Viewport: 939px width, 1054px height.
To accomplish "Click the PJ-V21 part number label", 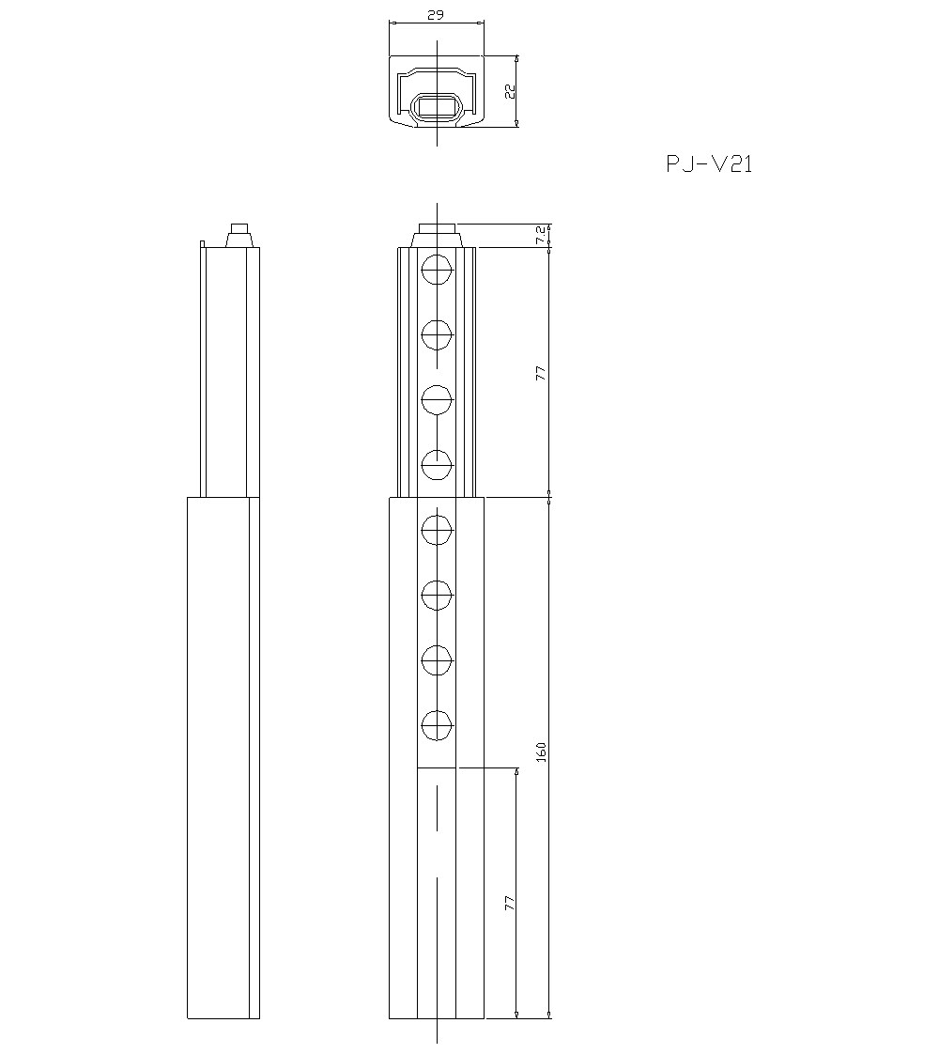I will [709, 164].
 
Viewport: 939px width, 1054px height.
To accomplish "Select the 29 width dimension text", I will [436, 15].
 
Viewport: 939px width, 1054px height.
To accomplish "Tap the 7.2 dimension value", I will [540, 236].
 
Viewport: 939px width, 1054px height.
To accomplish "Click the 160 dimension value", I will [540, 752].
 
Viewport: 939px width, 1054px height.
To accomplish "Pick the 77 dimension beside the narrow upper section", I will [540, 373].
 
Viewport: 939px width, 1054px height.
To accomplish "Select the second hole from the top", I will [437, 334].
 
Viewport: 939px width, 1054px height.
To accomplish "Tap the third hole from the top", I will [437, 399].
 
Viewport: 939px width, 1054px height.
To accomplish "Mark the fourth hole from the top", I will [437, 464].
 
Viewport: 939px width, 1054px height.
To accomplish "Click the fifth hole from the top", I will [437, 531].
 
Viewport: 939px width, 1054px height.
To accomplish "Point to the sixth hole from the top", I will [437, 595].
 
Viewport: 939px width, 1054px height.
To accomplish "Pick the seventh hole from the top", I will [437, 660].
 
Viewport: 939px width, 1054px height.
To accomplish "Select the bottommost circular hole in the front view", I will [437, 725].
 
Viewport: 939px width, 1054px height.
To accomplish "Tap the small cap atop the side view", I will [240, 235].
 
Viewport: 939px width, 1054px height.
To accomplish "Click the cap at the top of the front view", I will [437, 235].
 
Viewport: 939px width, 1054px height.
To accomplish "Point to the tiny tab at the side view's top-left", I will [202, 245].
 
